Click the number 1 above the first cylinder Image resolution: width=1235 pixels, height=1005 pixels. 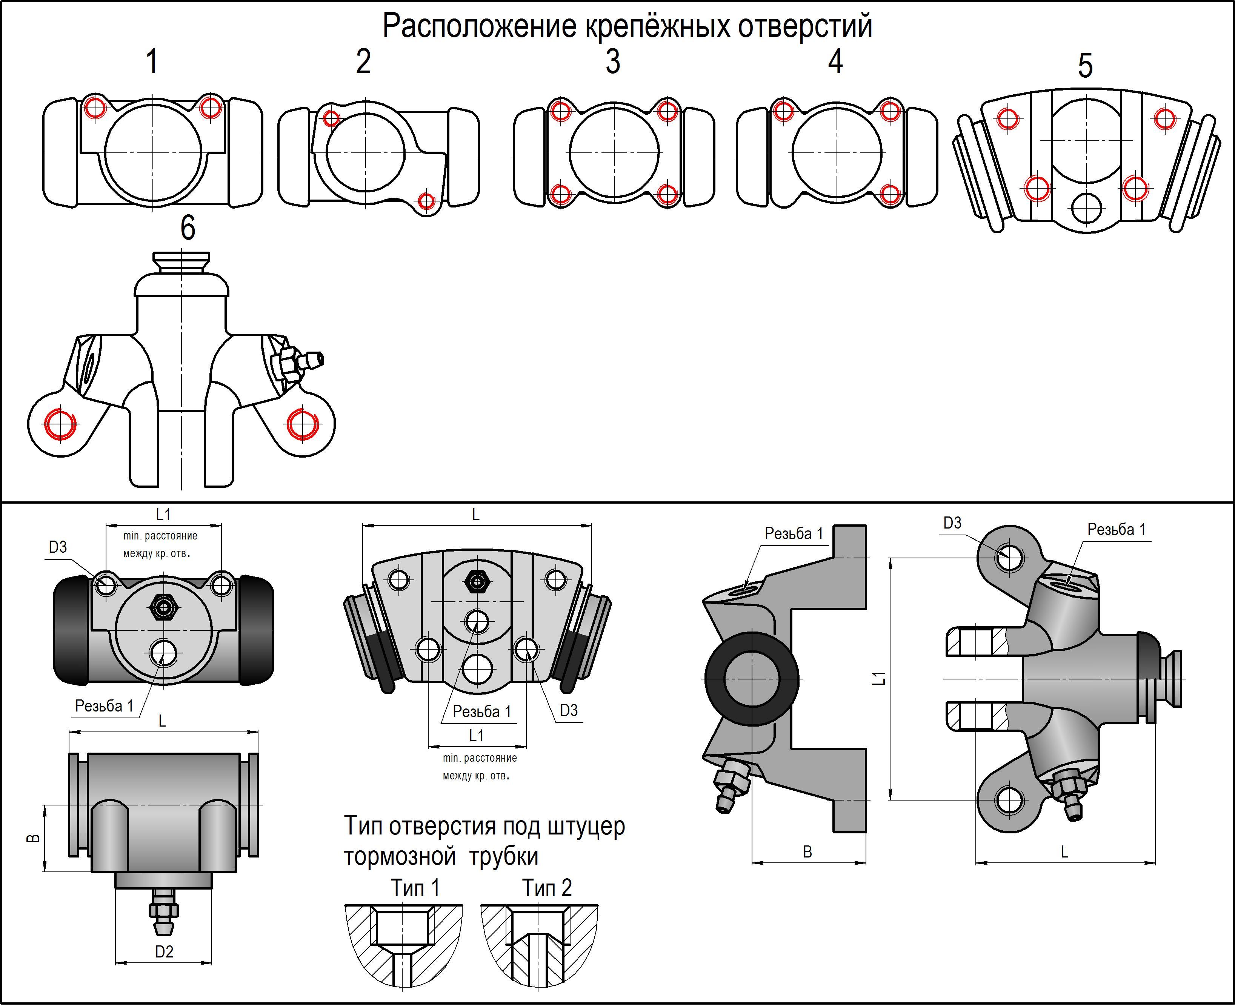[x=152, y=61]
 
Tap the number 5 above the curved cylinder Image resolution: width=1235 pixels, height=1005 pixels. [x=1085, y=65]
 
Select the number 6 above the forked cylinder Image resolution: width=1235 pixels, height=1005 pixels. [x=188, y=227]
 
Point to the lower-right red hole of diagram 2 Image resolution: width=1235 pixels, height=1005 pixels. [x=426, y=201]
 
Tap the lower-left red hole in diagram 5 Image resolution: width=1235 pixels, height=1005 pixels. [x=1037, y=187]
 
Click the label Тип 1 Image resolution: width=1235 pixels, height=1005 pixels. [x=415, y=887]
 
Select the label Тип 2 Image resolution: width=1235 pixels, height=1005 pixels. [x=547, y=887]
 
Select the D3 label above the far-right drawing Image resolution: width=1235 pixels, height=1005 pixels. [x=952, y=523]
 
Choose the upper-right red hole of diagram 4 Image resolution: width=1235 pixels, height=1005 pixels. [x=889, y=111]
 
